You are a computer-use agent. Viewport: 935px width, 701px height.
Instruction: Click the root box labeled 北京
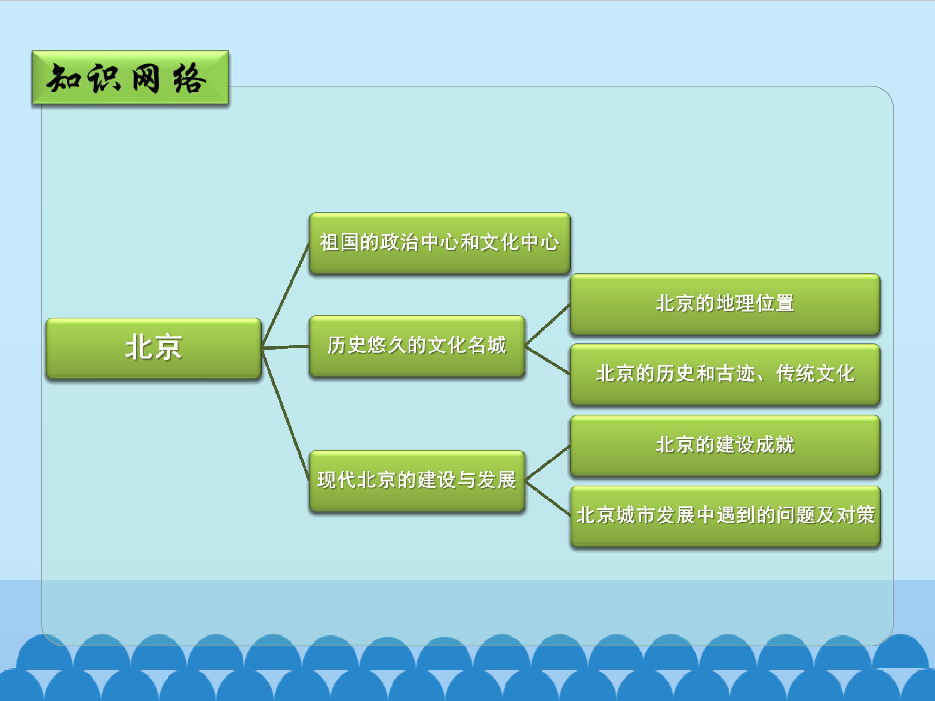click(x=154, y=348)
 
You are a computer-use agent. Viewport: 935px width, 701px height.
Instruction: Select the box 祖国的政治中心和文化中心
click(x=440, y=243)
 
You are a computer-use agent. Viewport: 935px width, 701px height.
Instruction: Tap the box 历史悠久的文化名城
click(x=417, y=346)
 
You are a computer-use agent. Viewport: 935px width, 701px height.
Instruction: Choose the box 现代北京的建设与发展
click(x=417, y=481)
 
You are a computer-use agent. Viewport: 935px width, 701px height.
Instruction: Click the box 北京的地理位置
click(x=725, y=304)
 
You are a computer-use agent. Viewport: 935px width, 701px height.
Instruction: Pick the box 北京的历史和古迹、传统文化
click(x=725, y=375)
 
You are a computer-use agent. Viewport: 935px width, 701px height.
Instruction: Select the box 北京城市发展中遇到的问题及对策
click(x=725, y=516)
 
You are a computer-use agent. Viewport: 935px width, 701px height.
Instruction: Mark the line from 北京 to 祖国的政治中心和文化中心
click(x=285, y=295)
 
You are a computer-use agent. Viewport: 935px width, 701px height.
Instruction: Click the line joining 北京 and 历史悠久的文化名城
click(x=285, y=347)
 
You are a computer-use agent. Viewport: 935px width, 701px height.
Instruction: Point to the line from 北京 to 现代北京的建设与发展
click(x=285, y=414)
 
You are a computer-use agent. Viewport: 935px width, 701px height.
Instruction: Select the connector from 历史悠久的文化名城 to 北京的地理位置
click(x=547, y=325)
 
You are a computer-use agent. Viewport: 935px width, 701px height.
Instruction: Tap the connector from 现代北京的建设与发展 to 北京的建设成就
click(x=547, y=463)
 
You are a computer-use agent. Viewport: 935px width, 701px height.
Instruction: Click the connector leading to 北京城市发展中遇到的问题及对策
click(x=547, y=498)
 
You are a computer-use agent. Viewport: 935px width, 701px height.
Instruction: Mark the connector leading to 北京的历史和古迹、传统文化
click(x=547, y=360)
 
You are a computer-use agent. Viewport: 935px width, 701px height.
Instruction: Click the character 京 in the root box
click(x=168, y=347)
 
